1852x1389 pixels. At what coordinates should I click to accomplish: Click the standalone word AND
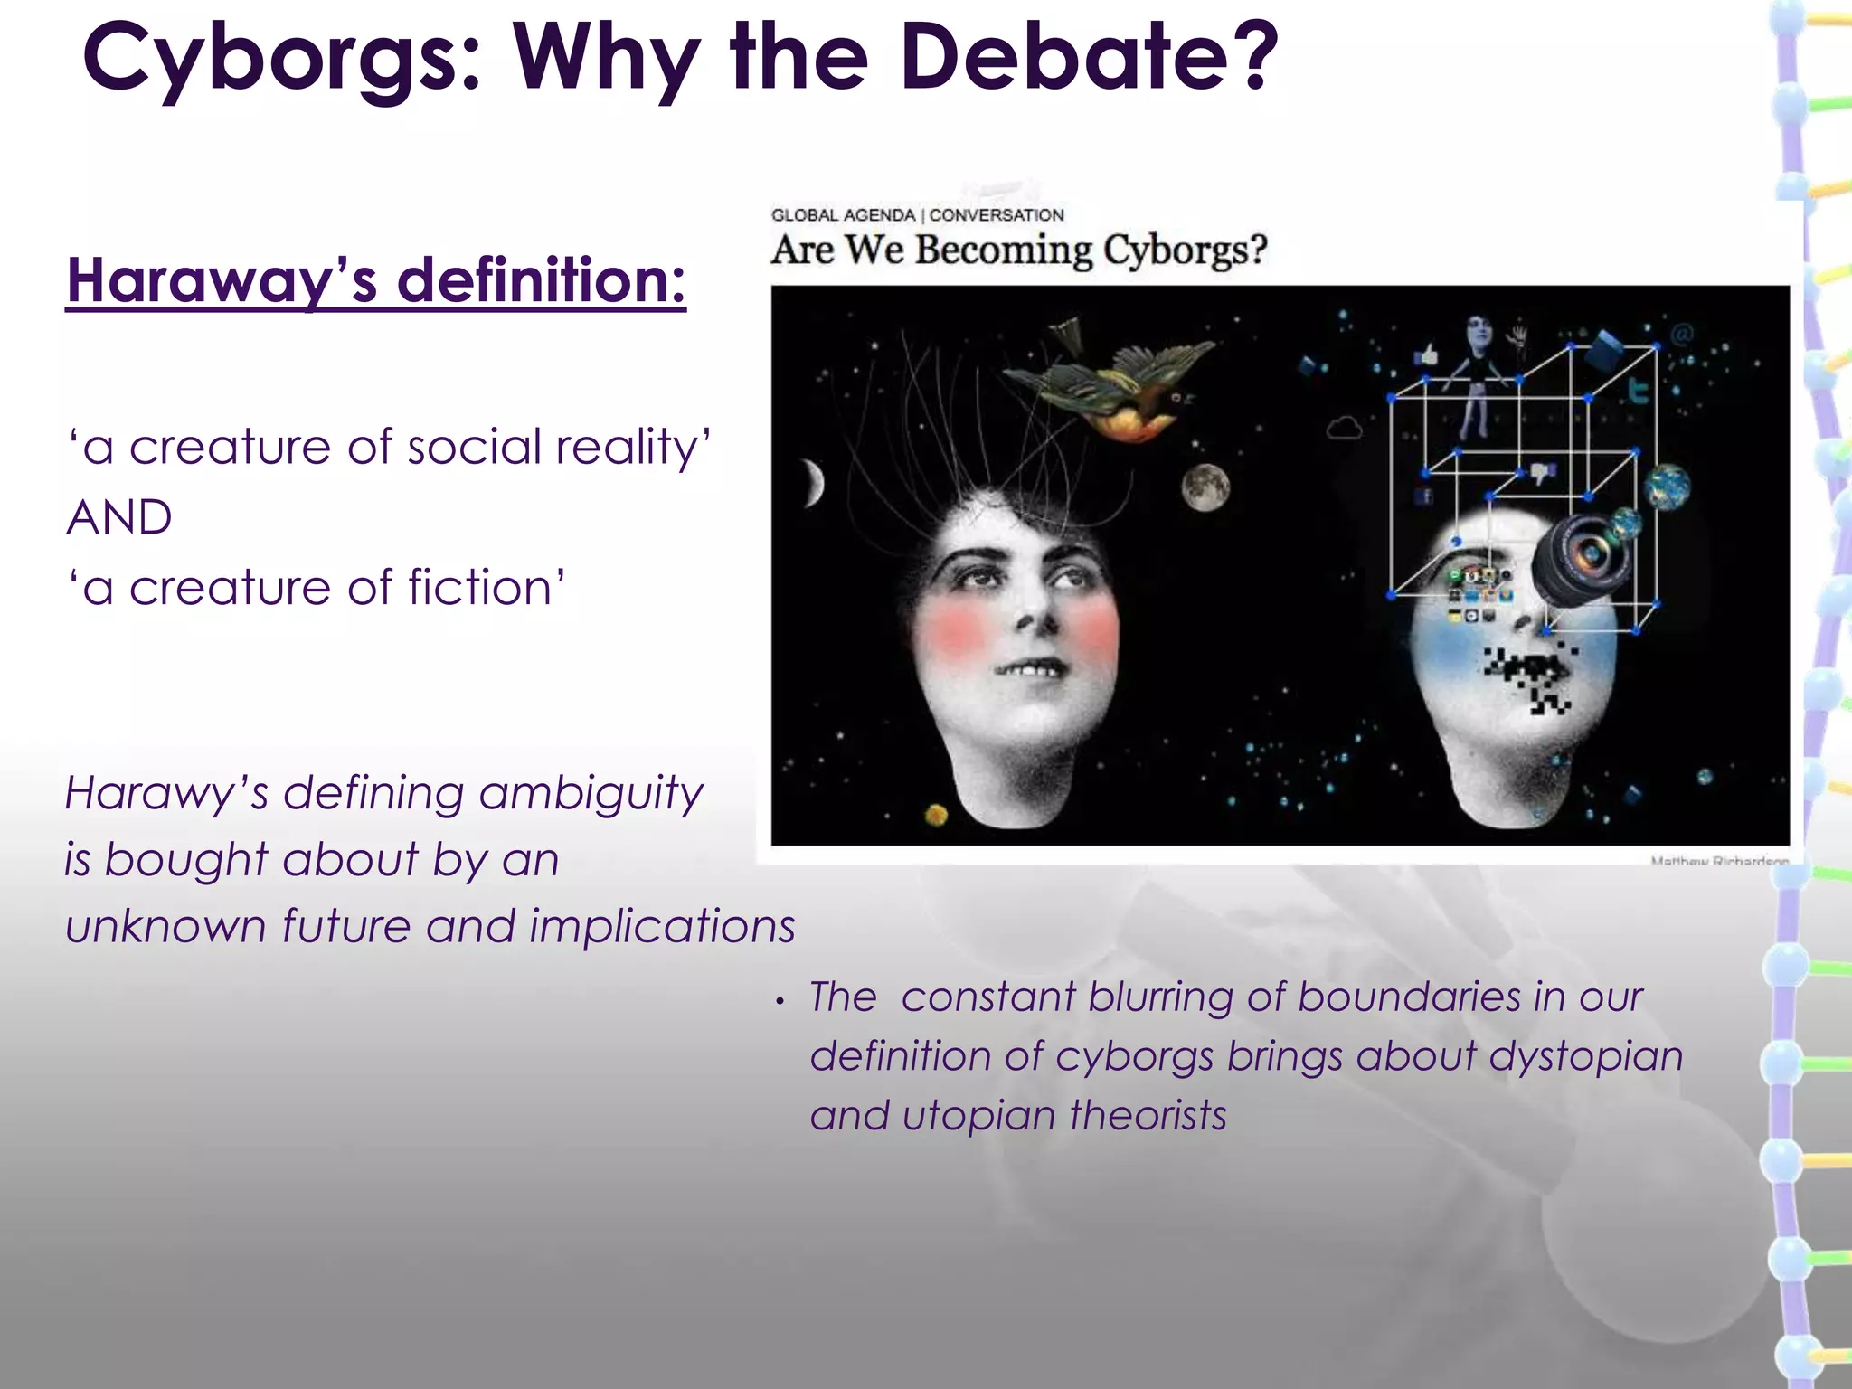119,517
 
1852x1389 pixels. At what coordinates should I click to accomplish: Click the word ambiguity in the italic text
591,794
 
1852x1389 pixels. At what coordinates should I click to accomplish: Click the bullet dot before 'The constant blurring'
780,1001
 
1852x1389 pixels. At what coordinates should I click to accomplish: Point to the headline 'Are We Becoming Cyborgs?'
1019,250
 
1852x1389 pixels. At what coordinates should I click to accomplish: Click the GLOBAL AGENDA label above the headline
843,215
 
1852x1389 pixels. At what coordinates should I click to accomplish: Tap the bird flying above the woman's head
1112,384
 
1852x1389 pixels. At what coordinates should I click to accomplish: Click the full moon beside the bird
1205,487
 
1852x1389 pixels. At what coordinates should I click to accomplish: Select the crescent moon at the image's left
814,483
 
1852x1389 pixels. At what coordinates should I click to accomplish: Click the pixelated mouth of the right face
1528,674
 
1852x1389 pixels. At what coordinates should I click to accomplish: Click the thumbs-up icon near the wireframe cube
1426,354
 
